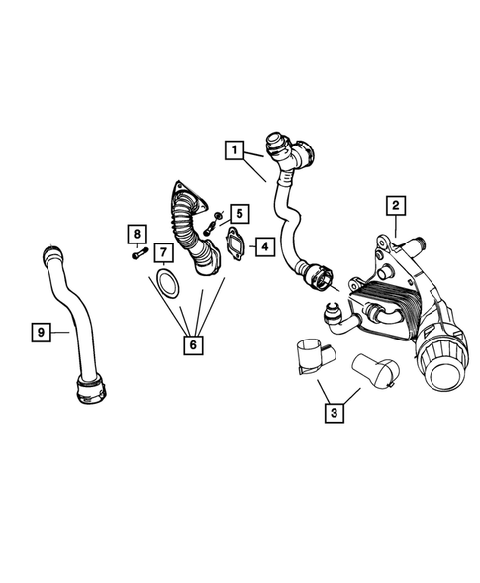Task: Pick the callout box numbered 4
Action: point(264,243)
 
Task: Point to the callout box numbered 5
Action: point(239,213)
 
